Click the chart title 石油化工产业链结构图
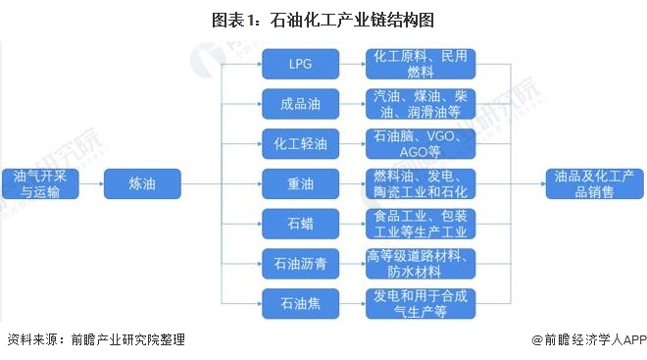coord(323,16)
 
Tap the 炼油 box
coord(142,183)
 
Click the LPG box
coord(299,65)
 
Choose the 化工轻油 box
coord(299,144)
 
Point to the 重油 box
coord(299,183)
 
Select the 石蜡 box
coord(299,224)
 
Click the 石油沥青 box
coord(299,263)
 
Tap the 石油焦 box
coord(299,303)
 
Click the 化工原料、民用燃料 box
coord(421,65)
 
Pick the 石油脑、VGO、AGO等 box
coord(421,144)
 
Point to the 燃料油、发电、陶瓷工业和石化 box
coord(421,183)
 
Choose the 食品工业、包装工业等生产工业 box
coord(421,224)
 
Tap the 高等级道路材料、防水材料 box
coord(421,263)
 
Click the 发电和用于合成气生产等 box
coord(421,303)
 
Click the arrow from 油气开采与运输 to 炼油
coord(89,183)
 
